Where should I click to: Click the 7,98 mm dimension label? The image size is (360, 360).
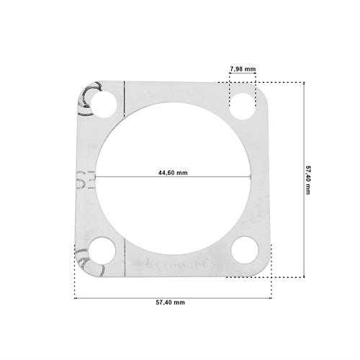coord(243,69)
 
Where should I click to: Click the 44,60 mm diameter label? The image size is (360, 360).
coord(173,173)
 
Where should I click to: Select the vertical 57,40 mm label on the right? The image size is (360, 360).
coord(307,180)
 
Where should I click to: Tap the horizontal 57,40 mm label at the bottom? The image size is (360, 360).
coord(171,302)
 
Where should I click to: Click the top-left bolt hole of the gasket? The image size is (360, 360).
coord(104,104)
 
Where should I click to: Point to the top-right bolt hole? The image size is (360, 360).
coord(243,107)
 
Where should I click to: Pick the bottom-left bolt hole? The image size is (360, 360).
coord(102,251)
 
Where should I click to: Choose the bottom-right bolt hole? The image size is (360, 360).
coord(245,250)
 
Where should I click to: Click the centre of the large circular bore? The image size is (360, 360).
coord(173,178)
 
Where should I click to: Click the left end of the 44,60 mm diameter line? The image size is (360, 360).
coord(96,177)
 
